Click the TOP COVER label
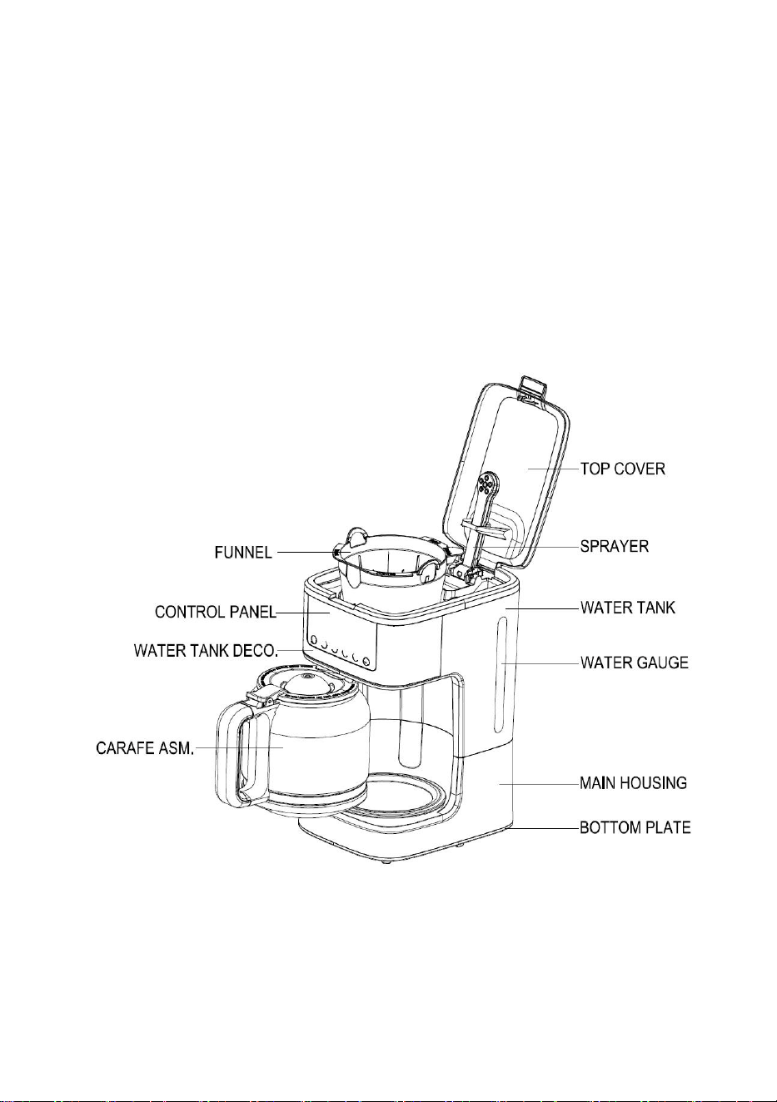pos(623,469)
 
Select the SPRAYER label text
pos(615,546)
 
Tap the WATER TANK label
pos(628,608)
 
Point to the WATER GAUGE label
pos(635,663)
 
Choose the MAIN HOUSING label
pos(633,782)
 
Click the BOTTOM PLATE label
pos(635,827)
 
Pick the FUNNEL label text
pos(243,553)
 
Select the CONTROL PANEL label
pos(216,612)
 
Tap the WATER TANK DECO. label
pos(207,651)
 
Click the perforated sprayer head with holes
pos(487,484)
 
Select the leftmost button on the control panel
pos(313,639)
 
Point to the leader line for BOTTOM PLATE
pos(546,828)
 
